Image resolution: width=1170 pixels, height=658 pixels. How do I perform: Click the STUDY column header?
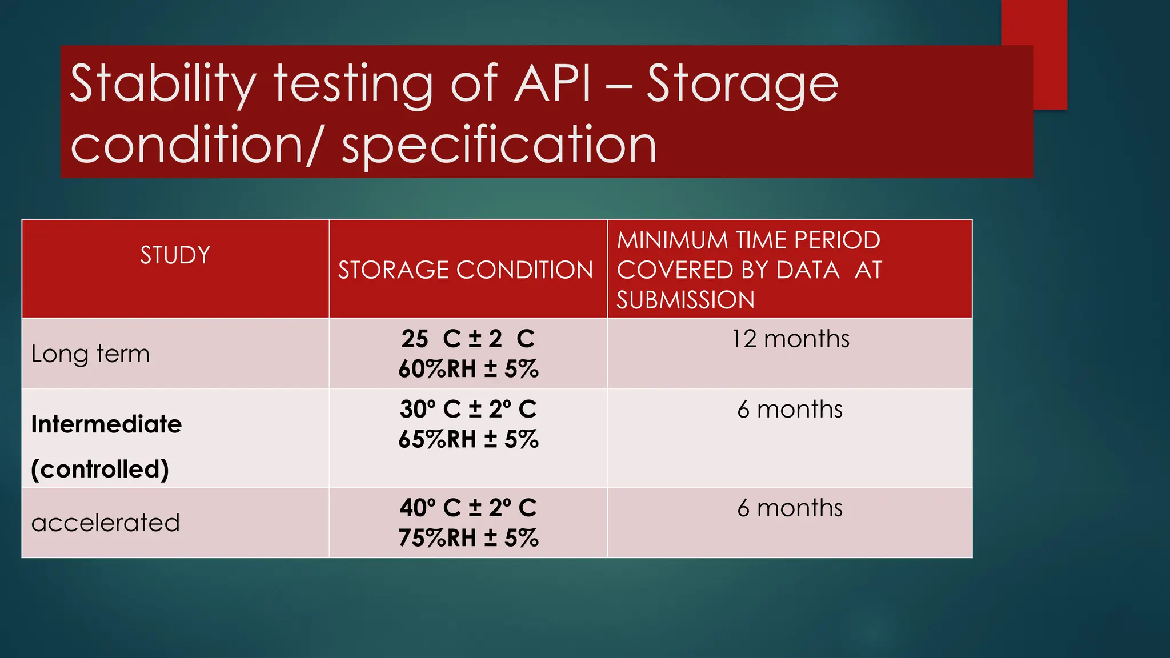pos(175,255)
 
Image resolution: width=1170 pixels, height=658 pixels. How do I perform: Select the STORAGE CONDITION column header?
pos(466,270)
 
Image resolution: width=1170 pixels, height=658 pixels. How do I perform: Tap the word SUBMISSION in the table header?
pos(686,300)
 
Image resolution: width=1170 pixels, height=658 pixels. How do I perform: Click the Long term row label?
pos(90,354)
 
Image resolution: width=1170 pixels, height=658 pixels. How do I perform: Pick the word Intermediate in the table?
pos(106,424)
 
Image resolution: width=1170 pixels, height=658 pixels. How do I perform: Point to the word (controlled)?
pos(100,470)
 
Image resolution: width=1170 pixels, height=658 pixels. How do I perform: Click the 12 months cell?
pos(790,339)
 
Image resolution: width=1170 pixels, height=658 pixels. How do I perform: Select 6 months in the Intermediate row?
pos(790,410)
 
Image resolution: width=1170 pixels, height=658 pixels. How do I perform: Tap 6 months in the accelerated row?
pos(790,508)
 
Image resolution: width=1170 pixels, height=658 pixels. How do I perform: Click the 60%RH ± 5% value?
pos(468,369)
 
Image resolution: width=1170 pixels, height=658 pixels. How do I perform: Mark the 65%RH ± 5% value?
pos(468,439)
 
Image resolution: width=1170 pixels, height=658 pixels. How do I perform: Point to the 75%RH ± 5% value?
pos(468,538)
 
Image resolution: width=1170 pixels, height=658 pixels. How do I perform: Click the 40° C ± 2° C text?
pos(468,508)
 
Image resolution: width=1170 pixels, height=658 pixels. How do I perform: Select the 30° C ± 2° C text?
pos(468,409)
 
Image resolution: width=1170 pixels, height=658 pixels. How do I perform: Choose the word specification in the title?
pos(499,145)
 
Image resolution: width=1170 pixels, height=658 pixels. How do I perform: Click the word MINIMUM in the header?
pos(672,240)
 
